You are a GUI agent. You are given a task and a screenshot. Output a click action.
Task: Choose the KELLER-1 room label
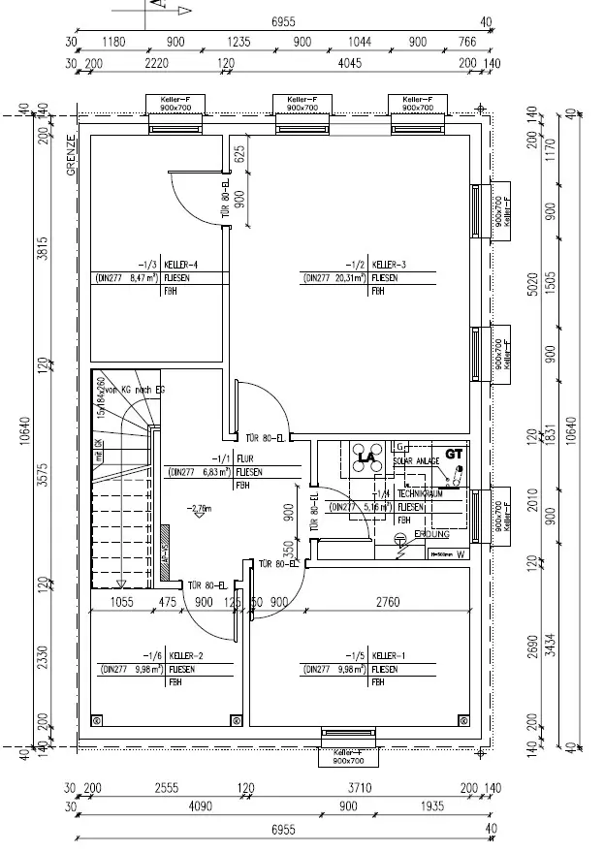[x=389, y=654]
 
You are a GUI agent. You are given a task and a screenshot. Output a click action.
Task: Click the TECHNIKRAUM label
[x=418, y=492]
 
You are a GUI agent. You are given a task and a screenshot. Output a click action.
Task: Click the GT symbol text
[x=454, y=453]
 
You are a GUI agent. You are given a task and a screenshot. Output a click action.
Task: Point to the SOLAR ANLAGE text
[x=417, y=460]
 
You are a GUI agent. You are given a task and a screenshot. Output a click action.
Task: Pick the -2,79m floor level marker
[x=201, y=507]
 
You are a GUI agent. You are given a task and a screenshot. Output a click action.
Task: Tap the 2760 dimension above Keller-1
[x=387, y=602]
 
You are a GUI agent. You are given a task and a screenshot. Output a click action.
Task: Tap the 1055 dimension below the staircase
[x=122, y=602]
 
